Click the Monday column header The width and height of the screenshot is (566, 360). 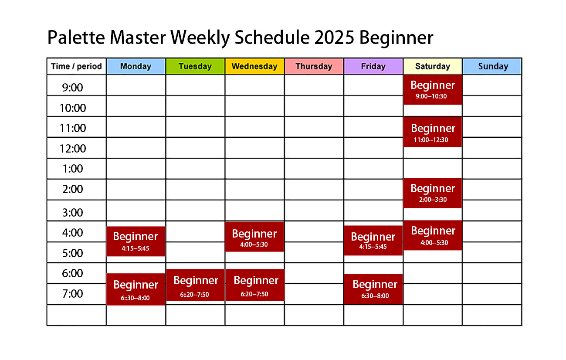click(x=136, y=66)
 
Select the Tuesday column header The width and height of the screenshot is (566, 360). click(x=195, y=66)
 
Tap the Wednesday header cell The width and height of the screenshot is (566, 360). click(x=254, y=66)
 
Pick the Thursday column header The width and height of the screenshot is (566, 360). click(x=314, y=66)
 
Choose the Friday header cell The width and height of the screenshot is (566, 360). click(x=373, y=66)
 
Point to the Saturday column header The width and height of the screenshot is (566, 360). click(x=432, y=66)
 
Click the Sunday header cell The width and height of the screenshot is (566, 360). click(x=492, y=66)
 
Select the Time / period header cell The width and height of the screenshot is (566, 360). click(x=76, y=66)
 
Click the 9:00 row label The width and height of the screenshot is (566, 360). click(x=72, y=88)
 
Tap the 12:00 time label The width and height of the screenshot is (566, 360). click(x=73, y=149)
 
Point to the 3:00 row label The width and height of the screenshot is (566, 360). click(x=73, y=213)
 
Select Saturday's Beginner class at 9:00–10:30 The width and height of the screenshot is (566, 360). click(x=433, y=90)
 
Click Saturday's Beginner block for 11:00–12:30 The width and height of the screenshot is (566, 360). click(x=433, y=132)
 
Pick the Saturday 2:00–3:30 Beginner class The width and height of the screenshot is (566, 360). click(x=433, y=193)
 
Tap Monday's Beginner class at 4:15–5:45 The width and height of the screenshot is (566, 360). click(x=136, y=241)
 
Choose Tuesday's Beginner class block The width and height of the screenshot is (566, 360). click(x=195, y=285)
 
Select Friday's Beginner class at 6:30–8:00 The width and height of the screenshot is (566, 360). click(x=373, y=289)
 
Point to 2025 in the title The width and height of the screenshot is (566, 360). click(x=334, y=37)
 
